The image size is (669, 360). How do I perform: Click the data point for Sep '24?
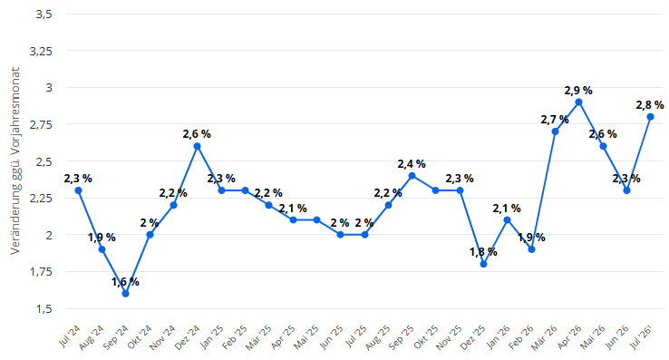coord(125,294)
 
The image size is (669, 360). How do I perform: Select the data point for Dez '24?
coord(197,146)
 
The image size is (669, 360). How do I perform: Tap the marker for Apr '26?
coord(579,102)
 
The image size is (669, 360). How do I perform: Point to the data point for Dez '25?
coord(483,264)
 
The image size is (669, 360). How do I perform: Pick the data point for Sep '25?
coord(412,176)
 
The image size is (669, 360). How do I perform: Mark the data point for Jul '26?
coord(651,117)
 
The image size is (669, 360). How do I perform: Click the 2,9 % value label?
coord(578,91)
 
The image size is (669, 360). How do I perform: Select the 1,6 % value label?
coord(125,282)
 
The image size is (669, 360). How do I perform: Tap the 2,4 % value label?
coord(412,164)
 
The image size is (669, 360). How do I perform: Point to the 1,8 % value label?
coord(483,252)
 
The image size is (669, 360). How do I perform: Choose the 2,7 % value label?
coord(555,120)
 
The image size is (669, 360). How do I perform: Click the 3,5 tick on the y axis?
coord(44,15)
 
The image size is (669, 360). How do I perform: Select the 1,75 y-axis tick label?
coord(41,272)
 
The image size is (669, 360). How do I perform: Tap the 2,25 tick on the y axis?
coord(41,199)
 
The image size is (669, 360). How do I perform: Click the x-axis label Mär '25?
coord(258,337)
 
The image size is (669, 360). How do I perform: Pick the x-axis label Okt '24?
coord(140,337)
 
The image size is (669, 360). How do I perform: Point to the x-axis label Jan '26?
coord(498,337)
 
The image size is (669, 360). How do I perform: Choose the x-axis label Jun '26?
coord(617,337)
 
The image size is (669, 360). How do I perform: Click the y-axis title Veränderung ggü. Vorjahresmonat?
coord(15,161)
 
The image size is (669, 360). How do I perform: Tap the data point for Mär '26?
coord(555,131)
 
